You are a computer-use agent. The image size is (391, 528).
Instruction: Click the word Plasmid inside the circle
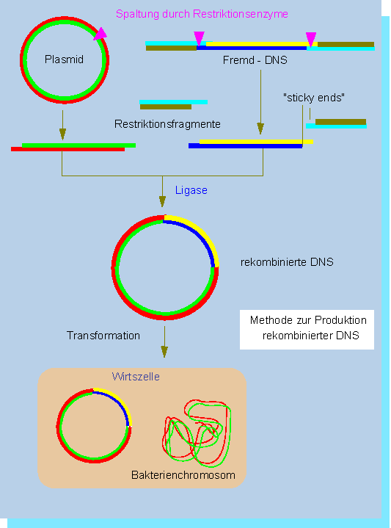64,59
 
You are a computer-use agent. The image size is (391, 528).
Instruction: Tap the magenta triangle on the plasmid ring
100,35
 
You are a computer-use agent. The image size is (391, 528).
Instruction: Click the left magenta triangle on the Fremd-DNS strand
200,38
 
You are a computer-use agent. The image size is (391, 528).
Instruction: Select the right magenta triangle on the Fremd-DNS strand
311,39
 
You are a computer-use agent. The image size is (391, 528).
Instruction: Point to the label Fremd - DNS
255,60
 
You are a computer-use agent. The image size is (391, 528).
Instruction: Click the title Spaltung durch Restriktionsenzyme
202,14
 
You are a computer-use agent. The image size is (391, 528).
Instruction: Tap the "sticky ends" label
314,98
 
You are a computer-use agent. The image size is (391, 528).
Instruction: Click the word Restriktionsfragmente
167,124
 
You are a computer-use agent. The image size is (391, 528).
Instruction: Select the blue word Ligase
191,190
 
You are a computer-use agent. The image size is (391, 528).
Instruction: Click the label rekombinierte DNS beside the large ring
287,262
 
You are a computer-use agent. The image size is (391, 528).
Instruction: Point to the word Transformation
103,336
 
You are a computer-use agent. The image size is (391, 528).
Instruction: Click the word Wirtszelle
136,377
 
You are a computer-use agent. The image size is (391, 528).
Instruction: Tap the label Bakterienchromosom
183,475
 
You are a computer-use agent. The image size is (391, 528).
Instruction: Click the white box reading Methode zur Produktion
307,329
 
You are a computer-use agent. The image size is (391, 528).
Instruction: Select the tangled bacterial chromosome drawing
197,433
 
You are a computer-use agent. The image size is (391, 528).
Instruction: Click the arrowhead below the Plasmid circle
62,134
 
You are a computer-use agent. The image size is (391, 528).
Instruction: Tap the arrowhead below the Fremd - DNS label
260,129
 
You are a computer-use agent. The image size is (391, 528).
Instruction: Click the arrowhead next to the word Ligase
163,201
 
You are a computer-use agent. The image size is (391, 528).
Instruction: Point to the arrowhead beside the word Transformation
164,352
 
